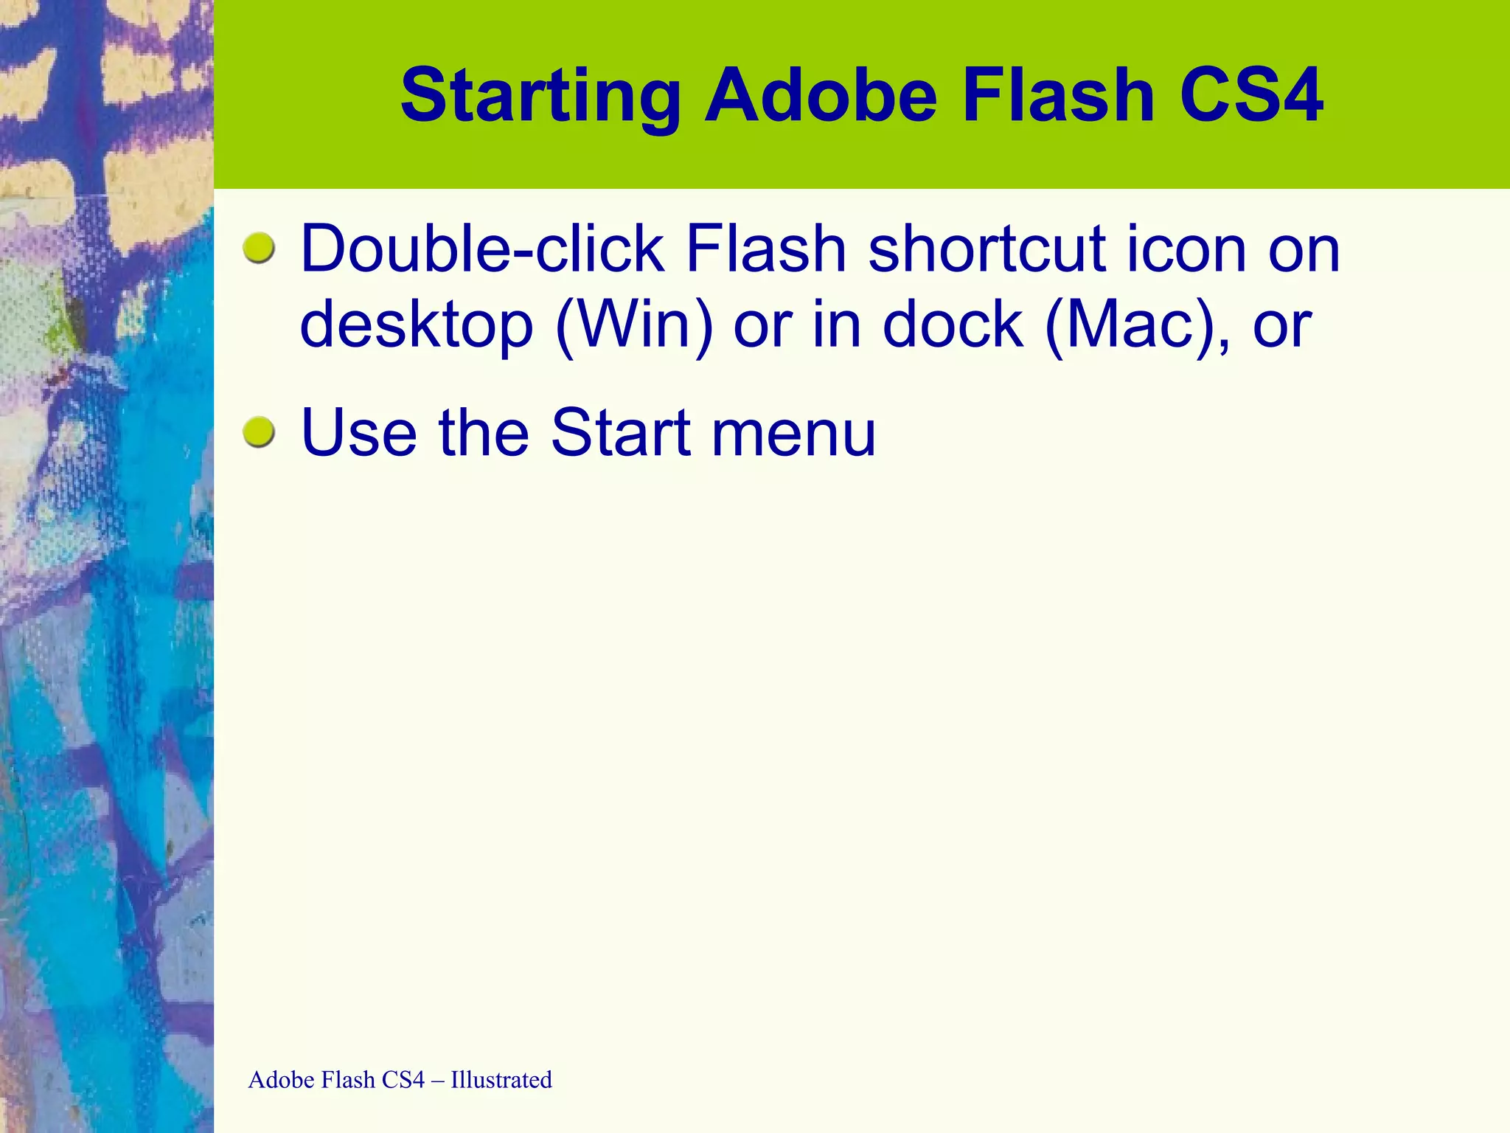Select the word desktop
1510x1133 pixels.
(x=417, y=326)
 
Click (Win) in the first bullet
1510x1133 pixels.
(x=634, y=326)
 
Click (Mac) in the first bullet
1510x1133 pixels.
(x=1136, y=326)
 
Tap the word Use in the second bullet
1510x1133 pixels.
(x=359, y=433)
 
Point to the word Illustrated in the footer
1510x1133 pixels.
(x=501, y=1080)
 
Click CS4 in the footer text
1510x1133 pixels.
(x=403, y=1080)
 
